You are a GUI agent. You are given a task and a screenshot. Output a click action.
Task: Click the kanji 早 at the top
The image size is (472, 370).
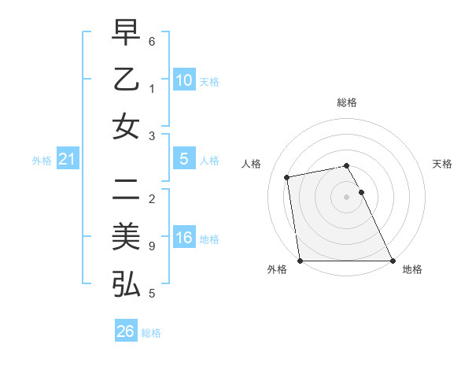click(126, 34)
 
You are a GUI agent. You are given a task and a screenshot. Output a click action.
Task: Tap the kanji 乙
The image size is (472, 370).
click(126, 80)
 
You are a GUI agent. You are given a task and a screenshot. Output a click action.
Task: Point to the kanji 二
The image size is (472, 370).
click(126, 190)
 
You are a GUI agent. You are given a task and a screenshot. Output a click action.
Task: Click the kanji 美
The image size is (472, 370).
click(126, 237)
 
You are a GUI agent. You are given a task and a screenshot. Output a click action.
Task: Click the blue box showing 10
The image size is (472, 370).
click(183, 80)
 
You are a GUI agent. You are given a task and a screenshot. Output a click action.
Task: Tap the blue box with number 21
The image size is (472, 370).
click(67, 160)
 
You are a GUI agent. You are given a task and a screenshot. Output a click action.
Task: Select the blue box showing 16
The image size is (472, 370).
click(183, 238)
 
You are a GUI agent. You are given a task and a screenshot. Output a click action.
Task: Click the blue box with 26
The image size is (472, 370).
click(125, 331)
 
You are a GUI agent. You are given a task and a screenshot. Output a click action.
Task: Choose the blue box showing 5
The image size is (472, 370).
click(183, 159)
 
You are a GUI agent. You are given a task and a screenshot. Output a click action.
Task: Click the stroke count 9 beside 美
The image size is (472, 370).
click(152, 246)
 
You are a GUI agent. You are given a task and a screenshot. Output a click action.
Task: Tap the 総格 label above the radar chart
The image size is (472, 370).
click(347, 102)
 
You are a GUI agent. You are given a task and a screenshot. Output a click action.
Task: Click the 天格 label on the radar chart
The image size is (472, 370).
click(442, 164)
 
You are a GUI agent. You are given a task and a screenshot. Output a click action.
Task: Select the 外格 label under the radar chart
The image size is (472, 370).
click(276, 270)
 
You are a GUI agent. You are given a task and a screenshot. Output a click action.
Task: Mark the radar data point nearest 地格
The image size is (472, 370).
click(392, 261)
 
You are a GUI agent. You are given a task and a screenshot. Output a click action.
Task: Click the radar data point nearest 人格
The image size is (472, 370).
click(288, 177)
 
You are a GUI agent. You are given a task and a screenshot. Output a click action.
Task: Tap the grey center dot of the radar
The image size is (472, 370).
click(346, 196)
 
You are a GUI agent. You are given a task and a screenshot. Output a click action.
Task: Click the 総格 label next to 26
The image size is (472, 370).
click(151, 333)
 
